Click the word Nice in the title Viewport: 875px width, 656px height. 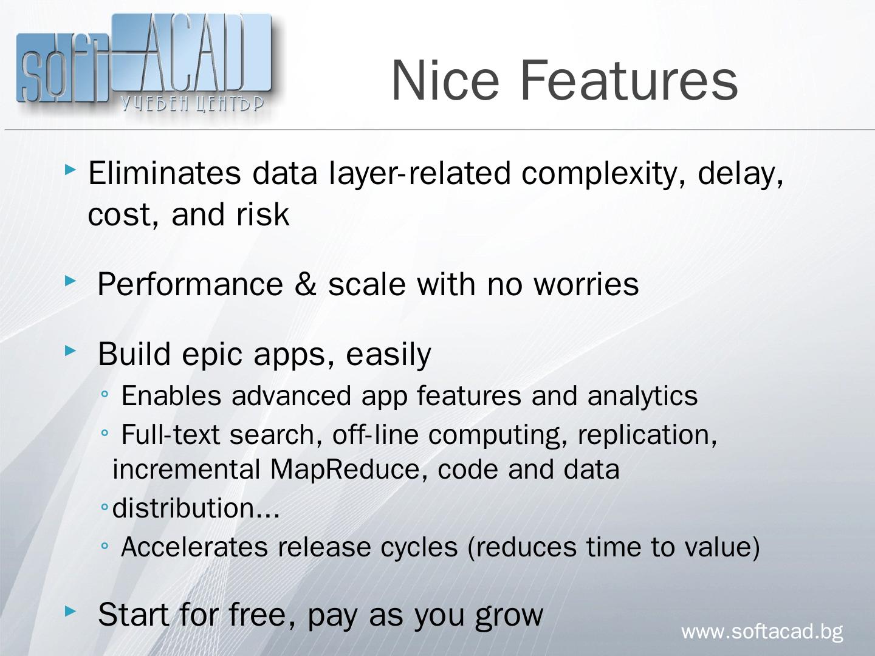[445, 80]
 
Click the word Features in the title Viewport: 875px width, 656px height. [629, 80]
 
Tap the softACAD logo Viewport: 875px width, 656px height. [144, 63]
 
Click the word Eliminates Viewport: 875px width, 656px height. [165, 173]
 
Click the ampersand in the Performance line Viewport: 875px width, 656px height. [306, 284]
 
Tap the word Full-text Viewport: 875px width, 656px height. [170, 434]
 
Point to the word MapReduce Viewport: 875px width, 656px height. [345, 469]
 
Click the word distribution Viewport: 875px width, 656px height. [184, 508]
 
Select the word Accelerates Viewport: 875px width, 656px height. [194, 547]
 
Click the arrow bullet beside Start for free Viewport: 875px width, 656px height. [70, 610]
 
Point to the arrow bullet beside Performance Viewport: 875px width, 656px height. [70, 281]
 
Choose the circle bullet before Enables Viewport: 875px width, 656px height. [105, 394]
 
